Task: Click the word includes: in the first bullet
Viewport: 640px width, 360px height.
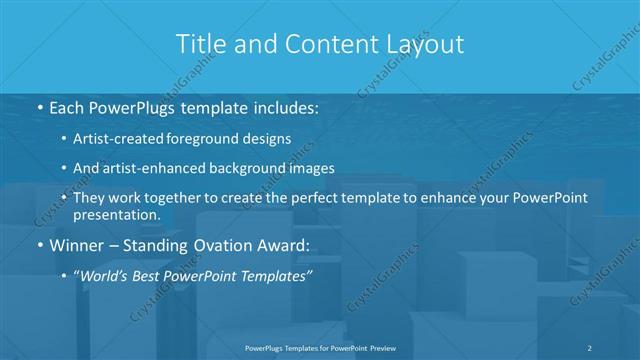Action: tap(285, 105)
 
